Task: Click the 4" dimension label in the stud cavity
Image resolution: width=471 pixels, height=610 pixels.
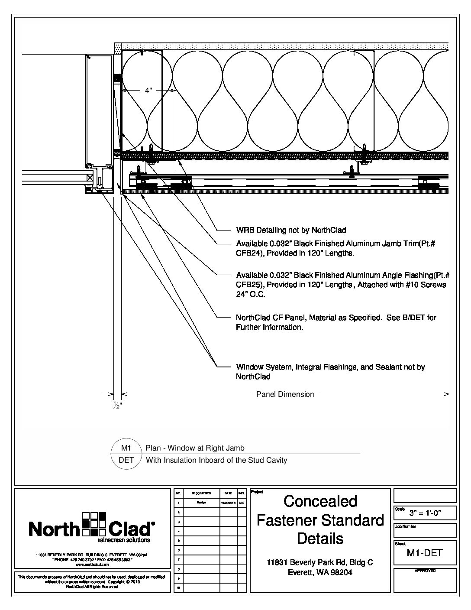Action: coord(148,91)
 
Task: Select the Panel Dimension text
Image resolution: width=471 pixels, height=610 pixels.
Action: coord(285,394)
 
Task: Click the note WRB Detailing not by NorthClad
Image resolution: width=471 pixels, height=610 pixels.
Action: coord(291,230)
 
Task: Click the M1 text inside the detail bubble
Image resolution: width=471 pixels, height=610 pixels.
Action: coord(126,448)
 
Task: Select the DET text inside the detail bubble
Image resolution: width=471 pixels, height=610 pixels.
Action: coord(126,460)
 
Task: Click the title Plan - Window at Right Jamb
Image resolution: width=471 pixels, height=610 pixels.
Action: coord(195,448)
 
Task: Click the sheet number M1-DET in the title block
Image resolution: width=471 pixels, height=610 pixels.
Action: coord(424,553)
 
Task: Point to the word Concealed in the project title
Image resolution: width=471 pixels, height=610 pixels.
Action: coord(320,501)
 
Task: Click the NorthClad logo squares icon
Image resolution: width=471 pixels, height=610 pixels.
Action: coord(94,524)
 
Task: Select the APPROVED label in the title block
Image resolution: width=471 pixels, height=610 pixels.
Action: coord(425,571)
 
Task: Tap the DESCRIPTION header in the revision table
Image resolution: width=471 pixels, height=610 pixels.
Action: coord(201,493)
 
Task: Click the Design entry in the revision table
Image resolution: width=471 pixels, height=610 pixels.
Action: coord(201,503)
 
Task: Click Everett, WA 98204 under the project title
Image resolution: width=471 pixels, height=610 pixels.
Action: coord(320,572)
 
